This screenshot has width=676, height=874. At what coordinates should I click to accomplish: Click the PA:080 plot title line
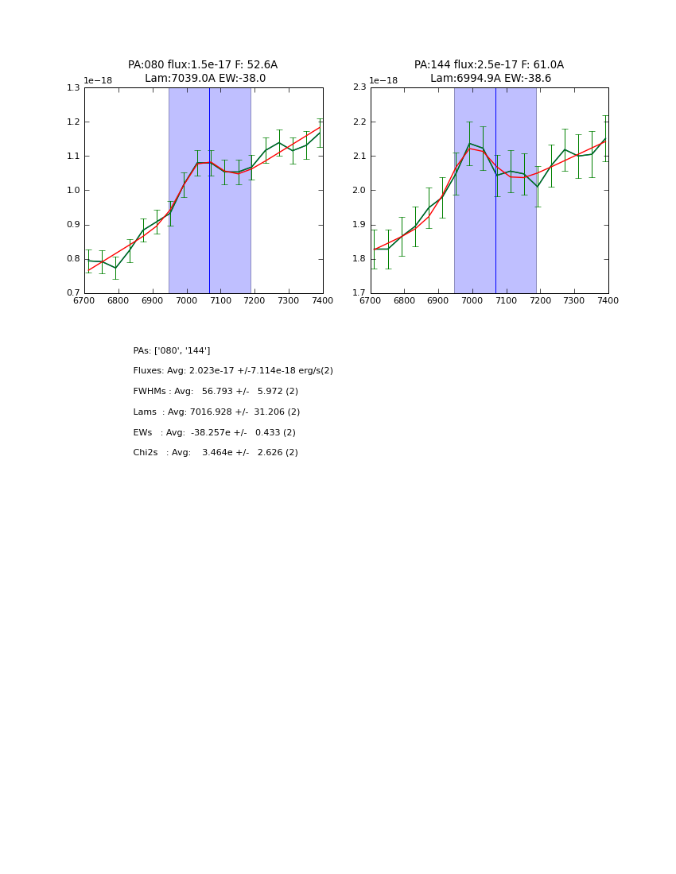point(203,65)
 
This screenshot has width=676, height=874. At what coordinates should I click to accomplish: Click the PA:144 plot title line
point(488,65)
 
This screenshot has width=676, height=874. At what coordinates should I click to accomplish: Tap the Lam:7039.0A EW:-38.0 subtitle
point(205,79)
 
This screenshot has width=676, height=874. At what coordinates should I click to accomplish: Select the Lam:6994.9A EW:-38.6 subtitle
point(491,79)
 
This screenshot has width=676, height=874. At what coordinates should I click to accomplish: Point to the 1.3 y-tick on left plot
point(73,88)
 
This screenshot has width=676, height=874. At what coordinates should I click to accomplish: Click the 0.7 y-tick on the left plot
point(73,293)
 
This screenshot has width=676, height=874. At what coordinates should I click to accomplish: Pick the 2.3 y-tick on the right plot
point(359,88)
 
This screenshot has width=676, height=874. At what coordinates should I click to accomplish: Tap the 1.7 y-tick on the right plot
point(359,293)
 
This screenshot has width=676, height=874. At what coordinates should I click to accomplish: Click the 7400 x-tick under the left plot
point(322,301)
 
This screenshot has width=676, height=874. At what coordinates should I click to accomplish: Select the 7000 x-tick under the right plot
point(472,301)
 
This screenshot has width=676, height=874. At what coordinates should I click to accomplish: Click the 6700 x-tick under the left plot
point(84,301)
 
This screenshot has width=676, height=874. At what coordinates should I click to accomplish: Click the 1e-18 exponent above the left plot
point(98,80)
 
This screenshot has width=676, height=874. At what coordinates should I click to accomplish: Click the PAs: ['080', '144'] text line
point(172,351)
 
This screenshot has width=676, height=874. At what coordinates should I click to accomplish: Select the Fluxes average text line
point(233,371)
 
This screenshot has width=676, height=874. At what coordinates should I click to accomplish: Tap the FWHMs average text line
point(216,392)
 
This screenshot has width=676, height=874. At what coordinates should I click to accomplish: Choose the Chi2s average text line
point(216,453)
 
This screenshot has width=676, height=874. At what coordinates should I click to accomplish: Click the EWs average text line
point(215,433)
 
